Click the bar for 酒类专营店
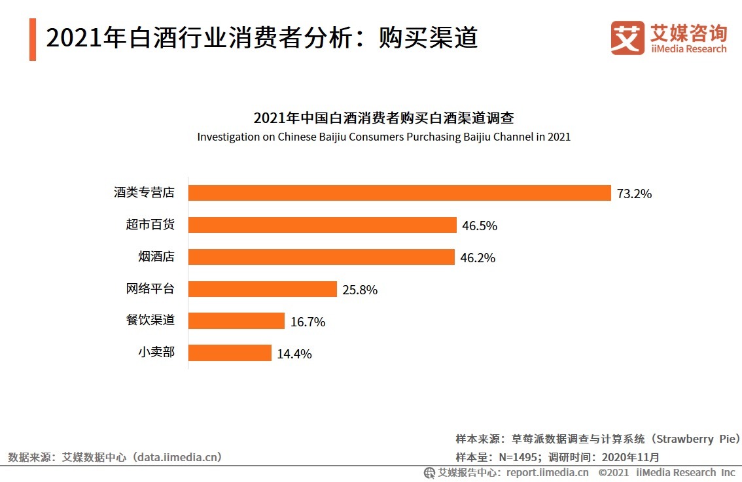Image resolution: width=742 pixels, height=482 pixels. [x=399, y=193]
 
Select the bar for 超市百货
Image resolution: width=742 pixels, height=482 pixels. [x=323, y=225]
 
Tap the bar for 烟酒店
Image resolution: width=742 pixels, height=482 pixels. [x=321, y=257]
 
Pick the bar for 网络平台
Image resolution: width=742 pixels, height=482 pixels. [x=262, y=289]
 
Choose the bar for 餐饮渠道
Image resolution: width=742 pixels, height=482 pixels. [x=236, y=321]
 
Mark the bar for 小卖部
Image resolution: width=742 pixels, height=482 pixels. [x=230, y=353]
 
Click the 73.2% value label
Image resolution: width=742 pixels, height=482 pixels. [x=633, y=194]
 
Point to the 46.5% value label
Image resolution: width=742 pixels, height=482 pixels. [x=480, y=226]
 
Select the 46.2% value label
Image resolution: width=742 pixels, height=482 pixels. [x=478, y=258]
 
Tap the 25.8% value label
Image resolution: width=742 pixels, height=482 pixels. [x=360, y=290]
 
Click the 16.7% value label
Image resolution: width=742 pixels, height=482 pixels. [x=308, y=322]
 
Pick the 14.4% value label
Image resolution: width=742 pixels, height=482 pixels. [x=294, y=354]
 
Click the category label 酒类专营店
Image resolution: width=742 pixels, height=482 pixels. [x=144, y=193]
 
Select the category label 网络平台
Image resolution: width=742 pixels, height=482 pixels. [x=150, y=289]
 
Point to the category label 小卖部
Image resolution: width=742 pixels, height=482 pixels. [x=156, y=353]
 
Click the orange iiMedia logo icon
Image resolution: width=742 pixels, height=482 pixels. [x=627, y=38]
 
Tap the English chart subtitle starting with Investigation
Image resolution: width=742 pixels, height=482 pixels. [x=383, y=137]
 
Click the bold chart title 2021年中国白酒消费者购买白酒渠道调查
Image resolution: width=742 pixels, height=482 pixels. [x=383, y=118]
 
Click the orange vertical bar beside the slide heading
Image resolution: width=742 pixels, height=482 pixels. [x=33, y=39]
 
